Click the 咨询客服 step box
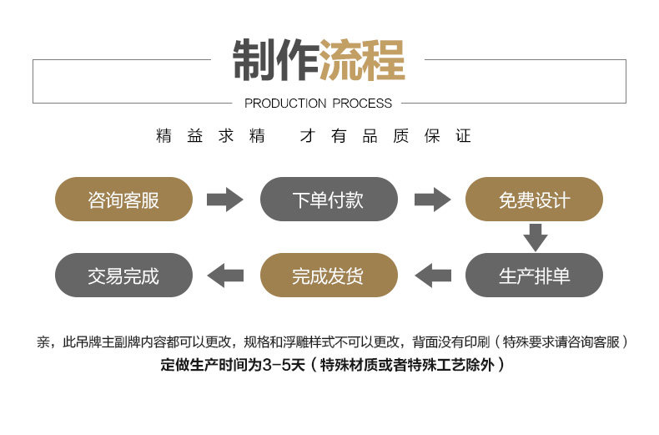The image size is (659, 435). click(x=123, y=200)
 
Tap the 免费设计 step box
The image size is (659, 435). click(x=534, y=200)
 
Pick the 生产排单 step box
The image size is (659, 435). click(x=534, y=276)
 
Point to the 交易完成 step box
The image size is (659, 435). click(x=123, y=276)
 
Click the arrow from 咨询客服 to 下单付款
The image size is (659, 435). click(x=224, y=200)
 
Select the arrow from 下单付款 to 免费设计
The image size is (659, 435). click(x=432, y=200)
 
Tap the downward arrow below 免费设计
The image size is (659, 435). click(x=535, y=238)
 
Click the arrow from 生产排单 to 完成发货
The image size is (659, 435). click(x=432, y=276)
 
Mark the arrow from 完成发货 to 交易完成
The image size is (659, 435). click(x=225, y=276)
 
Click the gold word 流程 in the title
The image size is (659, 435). click(x=361, y=61)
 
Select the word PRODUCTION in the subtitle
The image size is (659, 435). click(x=285, y=104)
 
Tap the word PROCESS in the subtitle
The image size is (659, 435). click(x=362, y=104)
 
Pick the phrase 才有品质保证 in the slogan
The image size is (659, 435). click(x=385, y=136)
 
